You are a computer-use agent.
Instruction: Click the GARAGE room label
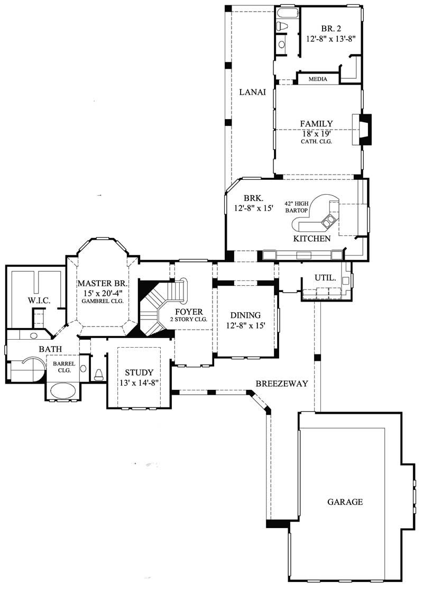[345, 502]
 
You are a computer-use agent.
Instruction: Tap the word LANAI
[252, 92]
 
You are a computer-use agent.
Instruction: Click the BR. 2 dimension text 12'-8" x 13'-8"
[330, 39]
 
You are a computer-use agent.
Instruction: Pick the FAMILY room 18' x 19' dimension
[316, 134]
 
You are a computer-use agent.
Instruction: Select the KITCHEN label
[312, 239]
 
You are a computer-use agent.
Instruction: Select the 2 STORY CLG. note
[188, 320]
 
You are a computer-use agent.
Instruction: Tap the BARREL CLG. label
[63, 367]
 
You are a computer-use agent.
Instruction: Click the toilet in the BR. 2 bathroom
[283, 26]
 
